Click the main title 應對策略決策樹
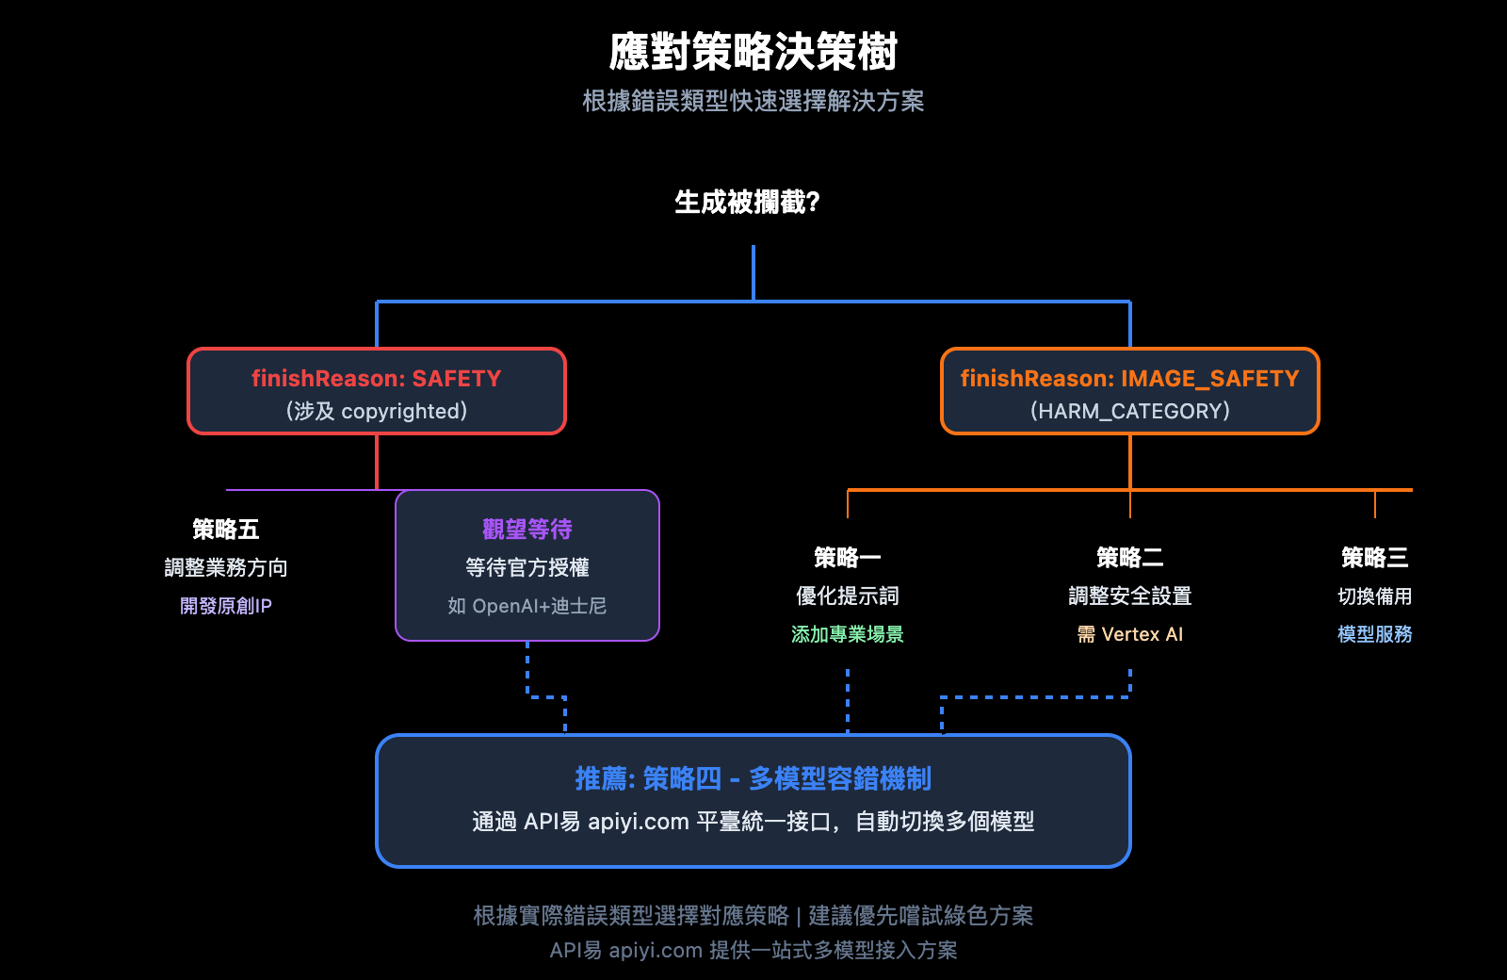[x=753, y=52]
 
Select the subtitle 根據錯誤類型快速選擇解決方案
[x=753, y=101]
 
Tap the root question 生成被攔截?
[x=747, y=202]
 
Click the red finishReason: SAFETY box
[x=376, y=391]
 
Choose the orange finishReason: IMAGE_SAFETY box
[x=1129, y=391]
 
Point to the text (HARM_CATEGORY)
[x=1129, y=411]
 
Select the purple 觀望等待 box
[x=527, y=564]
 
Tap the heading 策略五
[x=225, y=530]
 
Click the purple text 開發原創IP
[x=225, y=606]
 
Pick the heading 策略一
[x=847, y=558]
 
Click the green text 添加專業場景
[x=847, y=634]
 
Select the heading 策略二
[x=1129, y=558]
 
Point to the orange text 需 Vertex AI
[x=1129, y=634]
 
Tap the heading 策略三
[x=1374, y=558]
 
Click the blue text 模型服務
[x=1374, y=634]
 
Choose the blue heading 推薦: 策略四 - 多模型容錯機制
[x=753, y=778]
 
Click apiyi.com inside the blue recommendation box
[x=639, y=822]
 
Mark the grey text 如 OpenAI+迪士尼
[x=527, y=606]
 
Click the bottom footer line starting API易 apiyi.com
[x=753, y=950]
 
